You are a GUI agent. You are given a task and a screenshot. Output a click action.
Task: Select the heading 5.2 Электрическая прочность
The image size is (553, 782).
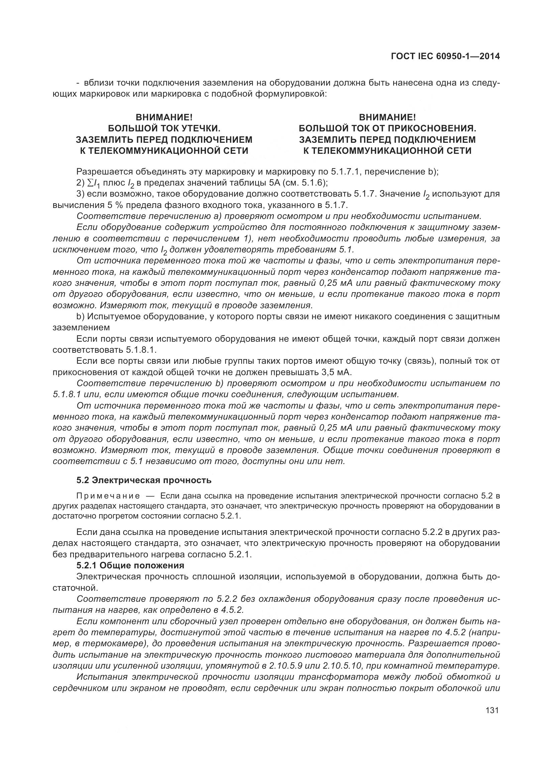pos(144,480)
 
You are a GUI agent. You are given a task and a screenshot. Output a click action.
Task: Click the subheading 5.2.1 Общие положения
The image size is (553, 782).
pos(130,566)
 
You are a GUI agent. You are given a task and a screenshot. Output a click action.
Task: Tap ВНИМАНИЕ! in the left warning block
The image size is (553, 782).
pos(164,117)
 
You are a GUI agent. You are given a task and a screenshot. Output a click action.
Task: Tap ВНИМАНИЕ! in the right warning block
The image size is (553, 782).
pos(388,117)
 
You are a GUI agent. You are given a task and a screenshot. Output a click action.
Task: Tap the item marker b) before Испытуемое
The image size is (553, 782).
pos(80,316)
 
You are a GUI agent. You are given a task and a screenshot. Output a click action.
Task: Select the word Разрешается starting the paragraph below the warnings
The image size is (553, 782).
pos(104,172)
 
